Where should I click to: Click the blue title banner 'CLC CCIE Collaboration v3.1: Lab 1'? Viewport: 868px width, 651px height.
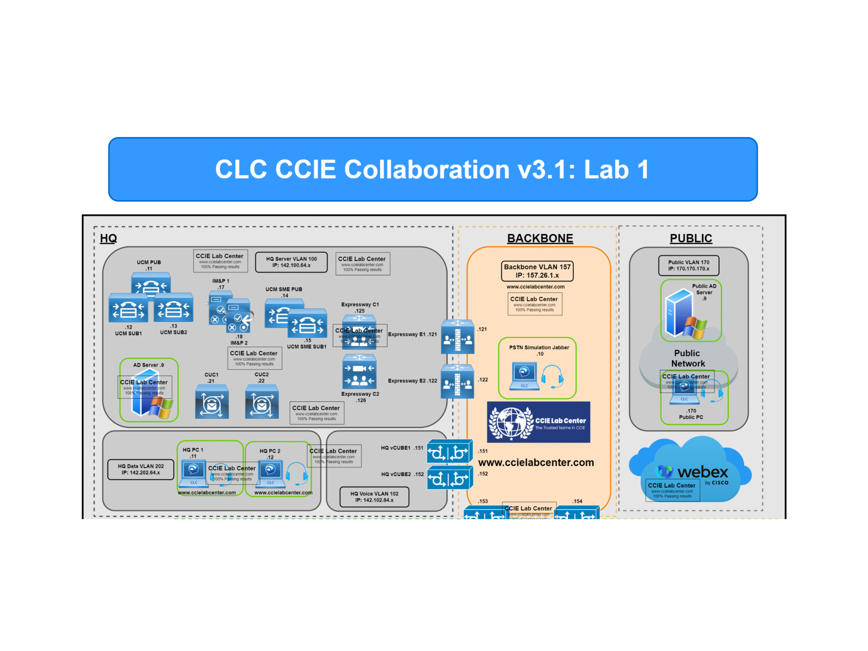pos(432,169)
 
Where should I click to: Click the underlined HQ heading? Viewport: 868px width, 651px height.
pos(108,239)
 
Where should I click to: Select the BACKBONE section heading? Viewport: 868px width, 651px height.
pos(540,239)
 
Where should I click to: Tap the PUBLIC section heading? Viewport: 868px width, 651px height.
pos(690,239)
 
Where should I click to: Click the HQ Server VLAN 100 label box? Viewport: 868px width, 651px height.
pos(291,262)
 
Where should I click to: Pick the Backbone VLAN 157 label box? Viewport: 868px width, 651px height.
pos(537,271)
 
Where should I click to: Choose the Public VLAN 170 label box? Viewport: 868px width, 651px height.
pos(688,265)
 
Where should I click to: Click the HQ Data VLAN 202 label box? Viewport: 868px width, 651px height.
pos(141,469)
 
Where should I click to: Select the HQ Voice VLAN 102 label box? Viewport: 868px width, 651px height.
pos(374,497)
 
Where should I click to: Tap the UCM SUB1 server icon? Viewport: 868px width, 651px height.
pos(128,308)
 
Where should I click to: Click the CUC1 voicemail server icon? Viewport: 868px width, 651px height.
pos(211,401)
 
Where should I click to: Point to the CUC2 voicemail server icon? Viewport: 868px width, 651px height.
pos(262,401)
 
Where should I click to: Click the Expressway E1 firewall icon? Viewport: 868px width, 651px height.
pos(457,337)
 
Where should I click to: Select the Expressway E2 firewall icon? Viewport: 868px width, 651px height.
pos(457,382)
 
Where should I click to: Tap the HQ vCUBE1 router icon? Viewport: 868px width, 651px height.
pos(449,452)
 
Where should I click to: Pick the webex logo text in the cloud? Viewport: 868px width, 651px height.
pos(702,472)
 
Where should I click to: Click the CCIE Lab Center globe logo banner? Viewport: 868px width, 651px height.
pos(538,422)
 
